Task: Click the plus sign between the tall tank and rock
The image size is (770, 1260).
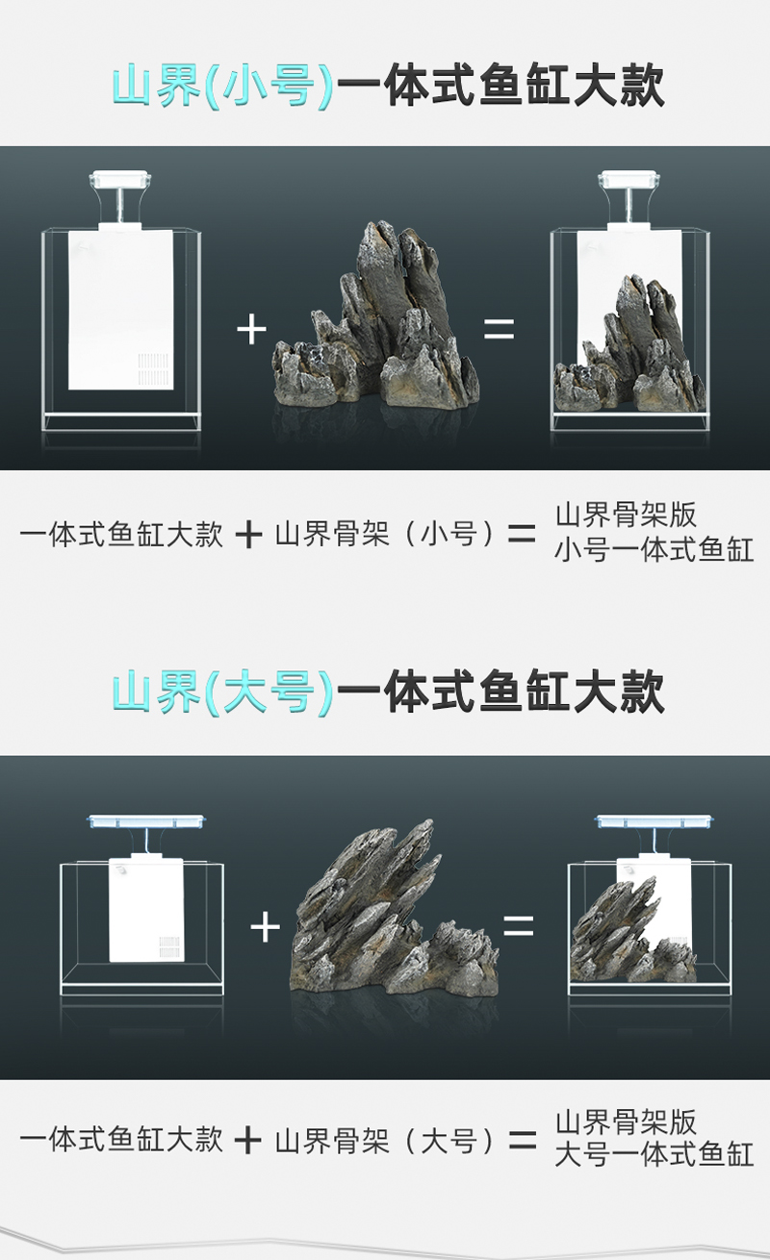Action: tap(251, 329)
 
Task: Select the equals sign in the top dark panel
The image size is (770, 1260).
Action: tap(499, 329)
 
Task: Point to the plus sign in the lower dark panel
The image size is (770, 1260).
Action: tap(265, 927)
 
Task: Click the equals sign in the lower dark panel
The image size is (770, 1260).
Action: tap(519, 925)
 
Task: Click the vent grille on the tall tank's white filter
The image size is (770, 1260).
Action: tap(153, 369)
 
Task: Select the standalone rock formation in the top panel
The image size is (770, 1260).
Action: tap(375, 315)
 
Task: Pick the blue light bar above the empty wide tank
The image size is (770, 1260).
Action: tap(147, 821)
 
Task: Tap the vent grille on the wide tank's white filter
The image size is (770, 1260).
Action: tap(169, 947)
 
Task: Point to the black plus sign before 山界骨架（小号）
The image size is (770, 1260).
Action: tap(248, 534)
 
